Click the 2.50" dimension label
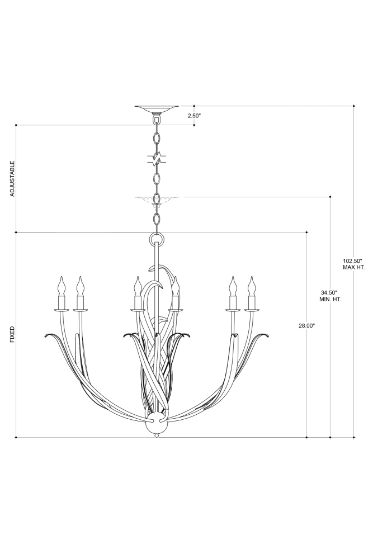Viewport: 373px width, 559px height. pos(194,116)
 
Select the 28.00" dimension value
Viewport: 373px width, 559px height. pos(306,325)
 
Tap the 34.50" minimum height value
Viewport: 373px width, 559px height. pos(330,292)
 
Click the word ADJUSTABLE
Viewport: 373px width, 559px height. pos(12,179)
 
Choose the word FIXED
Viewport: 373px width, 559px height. pos(12,334)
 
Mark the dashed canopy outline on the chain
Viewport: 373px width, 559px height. pos(157,201)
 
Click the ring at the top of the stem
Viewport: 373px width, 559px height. pos(157,238)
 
